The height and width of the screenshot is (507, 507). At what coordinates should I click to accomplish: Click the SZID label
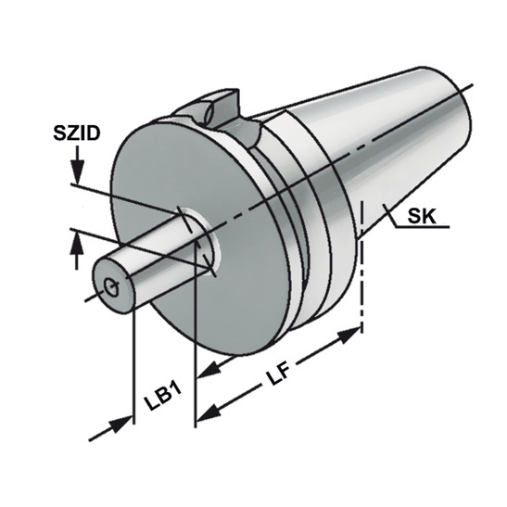(x=77, y=133)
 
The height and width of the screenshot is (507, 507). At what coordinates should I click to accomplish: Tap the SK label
(x=422, y=216)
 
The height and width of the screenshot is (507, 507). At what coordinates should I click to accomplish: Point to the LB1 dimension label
(x=162, y=398)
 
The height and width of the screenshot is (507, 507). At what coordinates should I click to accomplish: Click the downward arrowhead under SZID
(x=78, y=171)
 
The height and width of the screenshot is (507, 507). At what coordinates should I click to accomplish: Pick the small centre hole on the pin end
(x=111, y=286)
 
